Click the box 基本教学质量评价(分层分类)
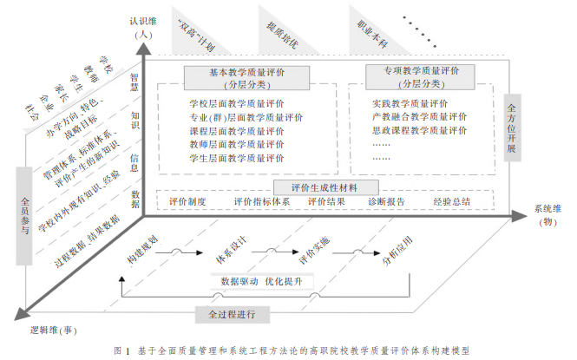pos(235,78)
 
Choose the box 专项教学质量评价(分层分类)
pos(422,77)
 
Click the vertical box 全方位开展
pos(511,129)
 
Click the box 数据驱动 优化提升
pos(261,281)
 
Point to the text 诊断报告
pos(386,202)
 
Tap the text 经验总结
pos(452,202)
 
